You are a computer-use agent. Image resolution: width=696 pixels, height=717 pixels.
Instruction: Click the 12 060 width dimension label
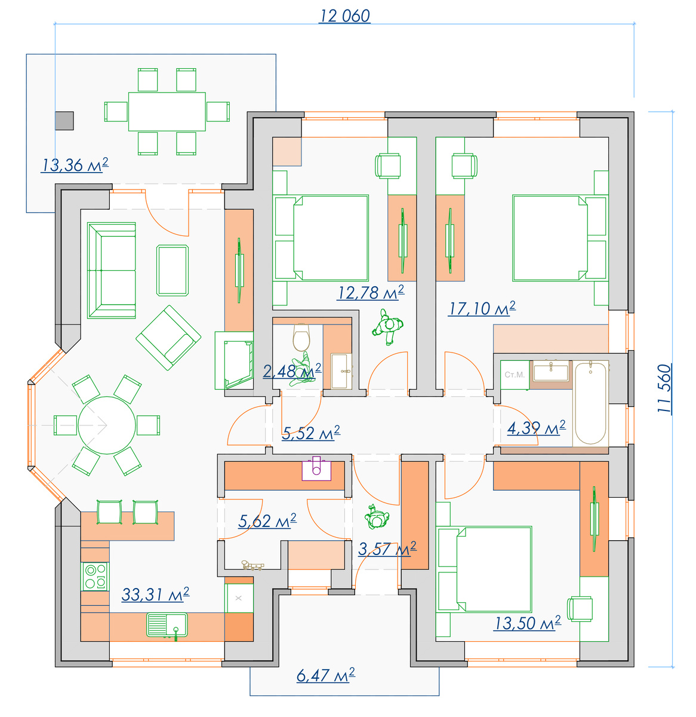[344, 16]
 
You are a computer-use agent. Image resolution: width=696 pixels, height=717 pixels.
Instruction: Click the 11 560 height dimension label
[664, 389]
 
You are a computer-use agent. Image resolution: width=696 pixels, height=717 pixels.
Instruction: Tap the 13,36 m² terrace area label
[75, 165]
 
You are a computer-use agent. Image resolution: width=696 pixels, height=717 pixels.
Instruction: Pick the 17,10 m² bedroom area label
[482, 308]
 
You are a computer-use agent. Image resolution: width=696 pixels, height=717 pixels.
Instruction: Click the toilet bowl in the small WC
[301, 337]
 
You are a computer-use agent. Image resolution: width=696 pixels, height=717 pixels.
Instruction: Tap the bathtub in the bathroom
[590, 403]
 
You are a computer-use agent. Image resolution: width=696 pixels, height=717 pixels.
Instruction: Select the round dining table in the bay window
[107, 425]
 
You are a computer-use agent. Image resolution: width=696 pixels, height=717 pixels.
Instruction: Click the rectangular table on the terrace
[167, 111]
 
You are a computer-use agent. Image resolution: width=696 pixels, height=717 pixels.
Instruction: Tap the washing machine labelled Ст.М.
[515, 375]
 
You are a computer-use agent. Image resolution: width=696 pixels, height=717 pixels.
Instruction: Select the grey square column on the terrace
[64, 121]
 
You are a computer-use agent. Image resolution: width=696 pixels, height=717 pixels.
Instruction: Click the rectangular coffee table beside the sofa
[173, 271]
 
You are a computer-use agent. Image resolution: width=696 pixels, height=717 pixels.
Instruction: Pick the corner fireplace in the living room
[235, 360]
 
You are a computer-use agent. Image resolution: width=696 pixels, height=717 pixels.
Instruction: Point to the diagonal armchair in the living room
[168, 338]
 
